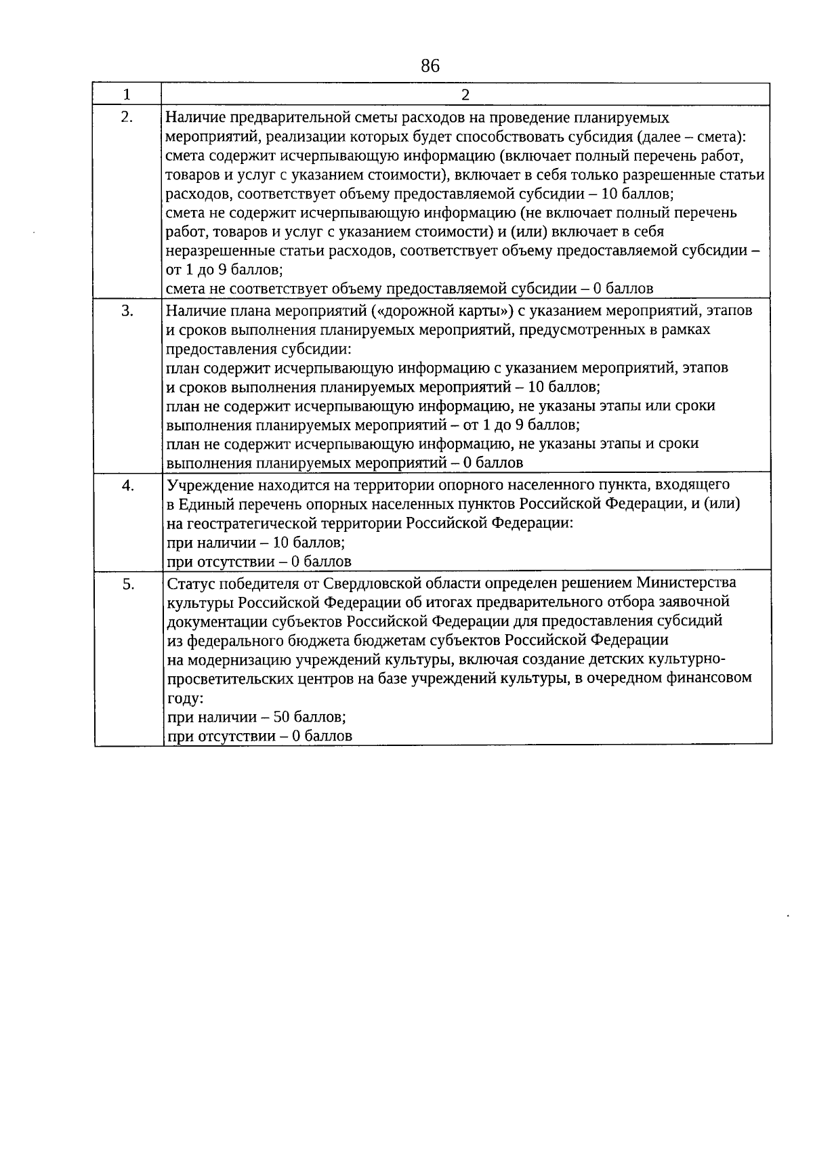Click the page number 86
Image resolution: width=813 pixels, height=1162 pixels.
tap(430, 66)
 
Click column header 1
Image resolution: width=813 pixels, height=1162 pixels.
tap(127, 94)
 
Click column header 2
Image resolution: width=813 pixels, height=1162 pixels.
tap(465, 95)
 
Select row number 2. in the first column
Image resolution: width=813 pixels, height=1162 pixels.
tap(127, 117)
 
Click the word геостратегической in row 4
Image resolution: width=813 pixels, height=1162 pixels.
tap(274, 523)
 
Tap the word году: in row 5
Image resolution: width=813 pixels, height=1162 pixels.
tap(185, 698)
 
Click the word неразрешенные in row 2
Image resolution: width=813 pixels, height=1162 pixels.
tap(211, 251)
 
